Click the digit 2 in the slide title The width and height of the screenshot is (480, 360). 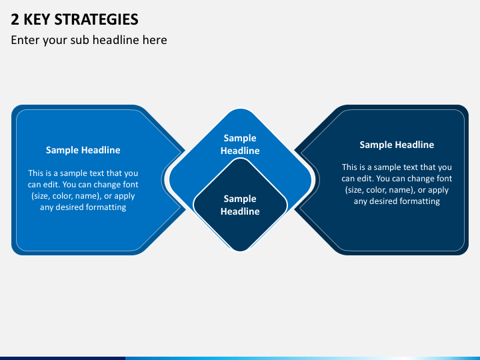(x=15, y=19)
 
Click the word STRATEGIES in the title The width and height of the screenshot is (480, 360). (x=96, y=19)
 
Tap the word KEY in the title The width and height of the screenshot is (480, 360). (x=37, y=19)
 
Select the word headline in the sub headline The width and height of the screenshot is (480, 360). (x=116, y=40)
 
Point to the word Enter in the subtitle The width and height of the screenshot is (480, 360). (x=25, y=40)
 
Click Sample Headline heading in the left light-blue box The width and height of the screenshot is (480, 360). (x=83, y=150)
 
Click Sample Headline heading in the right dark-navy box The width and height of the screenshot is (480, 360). (x=397, y=145)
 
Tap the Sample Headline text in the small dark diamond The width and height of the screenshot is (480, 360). (x=240, y=205)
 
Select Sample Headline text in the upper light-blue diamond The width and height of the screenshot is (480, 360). (x=240, y=144)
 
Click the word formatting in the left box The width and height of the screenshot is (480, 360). (x=106, y=207)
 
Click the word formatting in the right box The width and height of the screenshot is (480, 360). (x=420, y=201)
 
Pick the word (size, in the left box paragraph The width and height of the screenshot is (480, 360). (x=41, y=196)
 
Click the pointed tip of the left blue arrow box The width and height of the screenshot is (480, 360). (x=185, y=179)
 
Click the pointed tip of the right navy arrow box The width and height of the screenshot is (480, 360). (x=295, y=179)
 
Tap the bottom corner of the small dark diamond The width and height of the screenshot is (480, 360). (x=240, y=251)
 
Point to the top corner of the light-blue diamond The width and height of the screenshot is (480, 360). (x=240, y=109)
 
